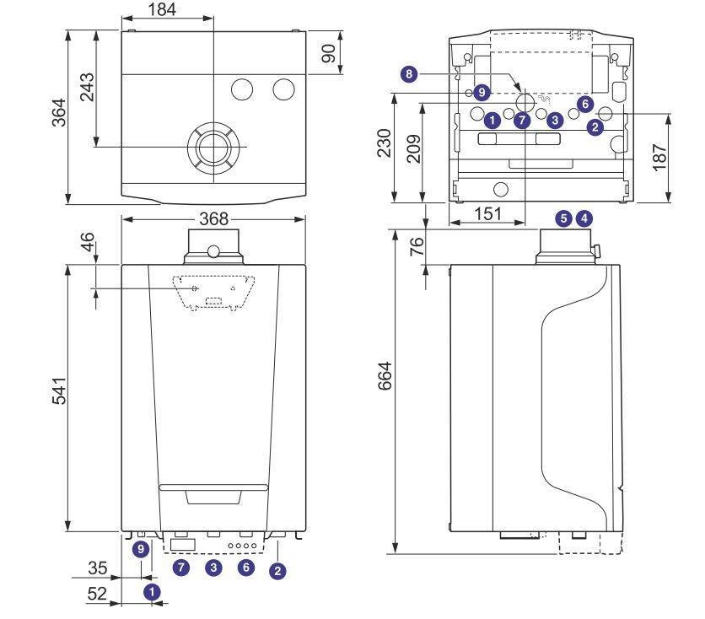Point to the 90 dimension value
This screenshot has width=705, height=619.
click(330, 52)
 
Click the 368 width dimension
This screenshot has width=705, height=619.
click(213, 218)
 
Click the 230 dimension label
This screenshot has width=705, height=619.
click(385, 145)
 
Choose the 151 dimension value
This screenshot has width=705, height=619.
click(487, 214)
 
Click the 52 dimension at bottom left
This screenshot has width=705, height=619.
click(97, 594)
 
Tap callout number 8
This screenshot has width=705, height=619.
click(410, 74)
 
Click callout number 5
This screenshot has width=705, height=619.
click(564, 218)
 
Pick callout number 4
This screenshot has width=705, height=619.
click(583, 218)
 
